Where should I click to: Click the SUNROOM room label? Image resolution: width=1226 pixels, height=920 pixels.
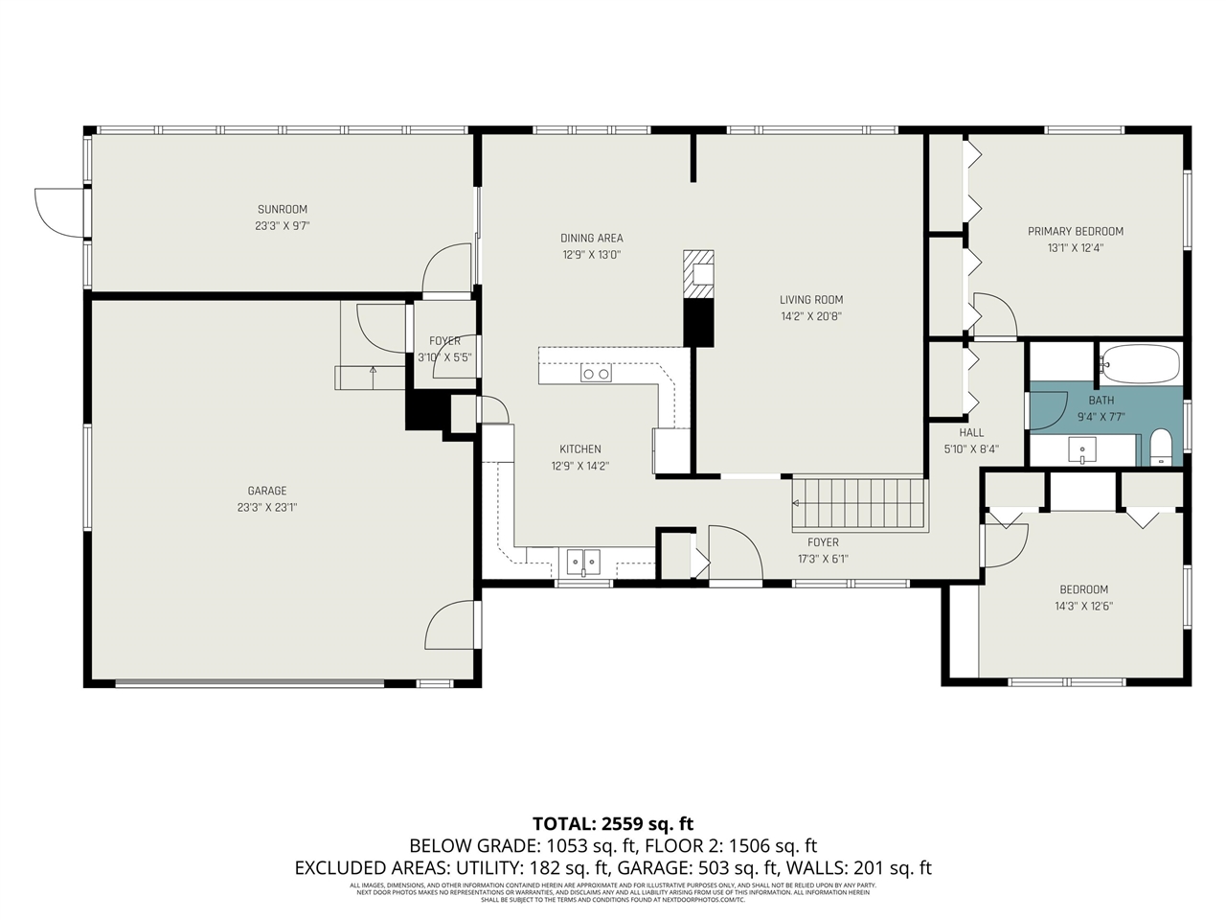coord(282,210)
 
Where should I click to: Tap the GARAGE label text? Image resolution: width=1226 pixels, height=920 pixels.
coord(267,491)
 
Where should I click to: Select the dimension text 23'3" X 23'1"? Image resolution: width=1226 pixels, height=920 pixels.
coord(267,508)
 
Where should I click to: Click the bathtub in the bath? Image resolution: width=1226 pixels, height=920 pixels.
coord(1140,364)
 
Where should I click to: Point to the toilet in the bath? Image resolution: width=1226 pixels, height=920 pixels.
coord(1160,448)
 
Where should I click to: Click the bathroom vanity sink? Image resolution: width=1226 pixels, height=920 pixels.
coord(1083,448)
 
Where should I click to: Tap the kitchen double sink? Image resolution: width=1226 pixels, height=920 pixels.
coord(582,559)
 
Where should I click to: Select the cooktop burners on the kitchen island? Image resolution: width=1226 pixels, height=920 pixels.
coord(597,374)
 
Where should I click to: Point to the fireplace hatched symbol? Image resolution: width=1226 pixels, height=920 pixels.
coord(698,275)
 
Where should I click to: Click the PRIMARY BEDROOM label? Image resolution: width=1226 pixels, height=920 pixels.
coord(1076,231)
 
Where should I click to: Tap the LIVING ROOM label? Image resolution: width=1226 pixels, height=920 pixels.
coord(810,300)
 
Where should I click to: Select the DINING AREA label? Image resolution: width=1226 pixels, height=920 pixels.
coord(591,239)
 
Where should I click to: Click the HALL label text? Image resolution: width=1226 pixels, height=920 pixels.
coord(971,432)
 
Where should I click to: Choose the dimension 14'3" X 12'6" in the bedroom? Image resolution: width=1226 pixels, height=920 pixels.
coord(1083,607)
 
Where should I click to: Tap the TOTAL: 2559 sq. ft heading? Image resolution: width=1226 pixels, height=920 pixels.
coord(613,823)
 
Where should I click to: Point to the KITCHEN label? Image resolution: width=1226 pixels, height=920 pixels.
coord(580,449)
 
